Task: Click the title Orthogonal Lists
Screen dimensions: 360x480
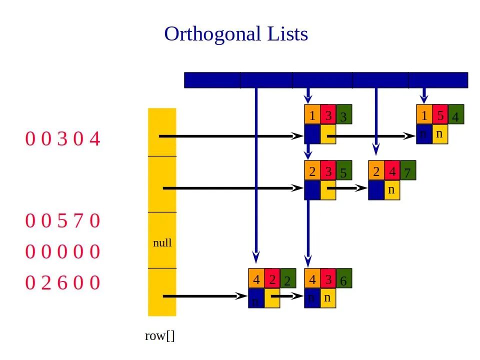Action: (236, 34)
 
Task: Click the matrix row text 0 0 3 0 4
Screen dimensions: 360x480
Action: (63, 138)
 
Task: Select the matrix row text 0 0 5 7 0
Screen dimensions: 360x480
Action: (63, 220)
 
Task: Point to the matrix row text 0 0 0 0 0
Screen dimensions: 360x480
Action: (63, 251)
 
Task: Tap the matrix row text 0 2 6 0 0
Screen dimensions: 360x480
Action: (63, 283)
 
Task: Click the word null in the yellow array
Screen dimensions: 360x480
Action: (162, 243)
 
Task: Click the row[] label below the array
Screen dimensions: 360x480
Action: (160, 336)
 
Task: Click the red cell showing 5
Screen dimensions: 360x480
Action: (440, 114)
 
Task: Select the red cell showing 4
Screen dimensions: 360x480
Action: (392, 171)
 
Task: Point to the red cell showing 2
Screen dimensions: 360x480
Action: (272, 278)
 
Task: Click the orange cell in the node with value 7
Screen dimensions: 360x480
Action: (376, 171)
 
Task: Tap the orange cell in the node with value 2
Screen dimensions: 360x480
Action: (256, 278)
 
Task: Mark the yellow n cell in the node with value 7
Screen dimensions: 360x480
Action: (392, 190)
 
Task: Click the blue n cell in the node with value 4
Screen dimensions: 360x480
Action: (424, 134)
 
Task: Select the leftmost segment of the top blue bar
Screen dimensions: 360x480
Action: (212, 80)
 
